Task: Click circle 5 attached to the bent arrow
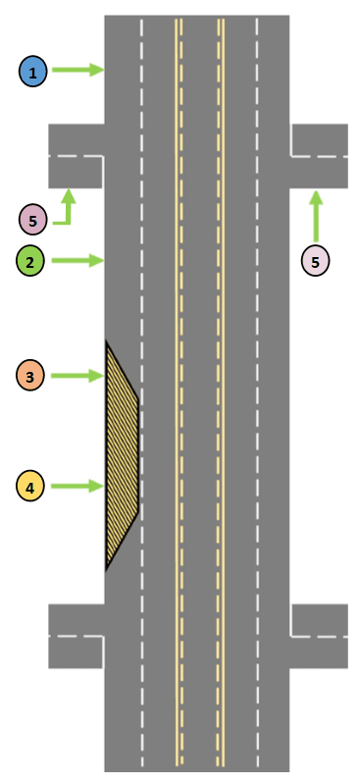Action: click(x=32, y=222)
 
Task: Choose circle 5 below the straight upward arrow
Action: click(x=316, y=261)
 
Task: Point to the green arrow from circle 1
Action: click(x=77, y=70)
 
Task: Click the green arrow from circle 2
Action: click(x=77, y=260)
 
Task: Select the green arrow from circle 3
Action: click(x=77, y=376)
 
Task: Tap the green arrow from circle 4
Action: click(x=77, y=486)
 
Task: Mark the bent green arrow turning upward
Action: click(x=66, y=209)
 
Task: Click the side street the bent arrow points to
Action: click(x=76, y=156)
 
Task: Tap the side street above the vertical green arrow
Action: click(x=319, y=156)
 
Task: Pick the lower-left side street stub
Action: click(x=76, y=636)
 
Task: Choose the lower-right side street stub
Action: click(x=319, y=636)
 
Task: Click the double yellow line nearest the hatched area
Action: click(x=179, y=392)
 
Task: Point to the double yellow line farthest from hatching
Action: click(x=221, y=392)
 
